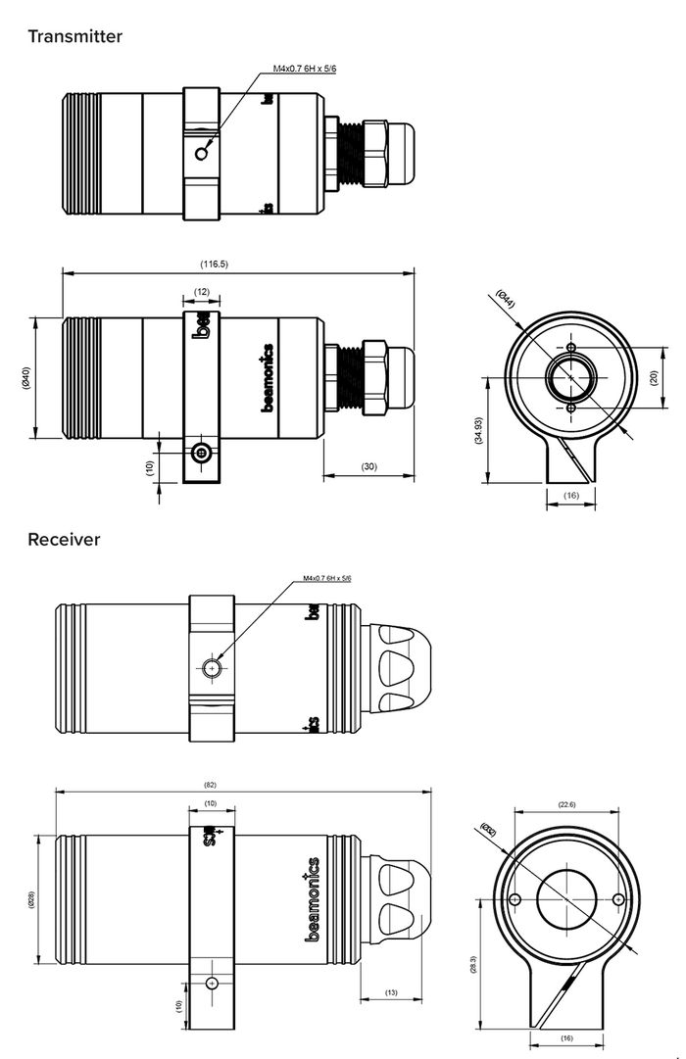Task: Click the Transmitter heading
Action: click(74, 37)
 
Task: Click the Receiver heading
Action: click(64, 539)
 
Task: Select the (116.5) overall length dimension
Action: click(213, 264)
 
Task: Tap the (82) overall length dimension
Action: click(210, 785)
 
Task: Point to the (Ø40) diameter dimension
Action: click(25, 377)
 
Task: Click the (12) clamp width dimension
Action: click(201, 292)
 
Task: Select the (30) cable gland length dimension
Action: click(369, 466)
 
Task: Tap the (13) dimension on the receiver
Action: click(391, 992)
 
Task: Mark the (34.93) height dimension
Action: click(477, 430)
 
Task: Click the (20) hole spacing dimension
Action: click(654, 377)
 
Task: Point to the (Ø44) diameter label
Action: click(506, 301)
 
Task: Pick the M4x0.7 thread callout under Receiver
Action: click(333, 579)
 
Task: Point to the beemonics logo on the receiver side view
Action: click(313, 899)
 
